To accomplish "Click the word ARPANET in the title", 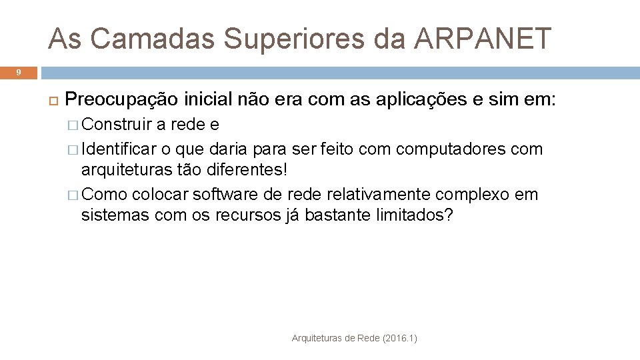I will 483,39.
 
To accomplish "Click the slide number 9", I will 19,72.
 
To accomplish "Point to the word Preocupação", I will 122,100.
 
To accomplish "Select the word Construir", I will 117,125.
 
